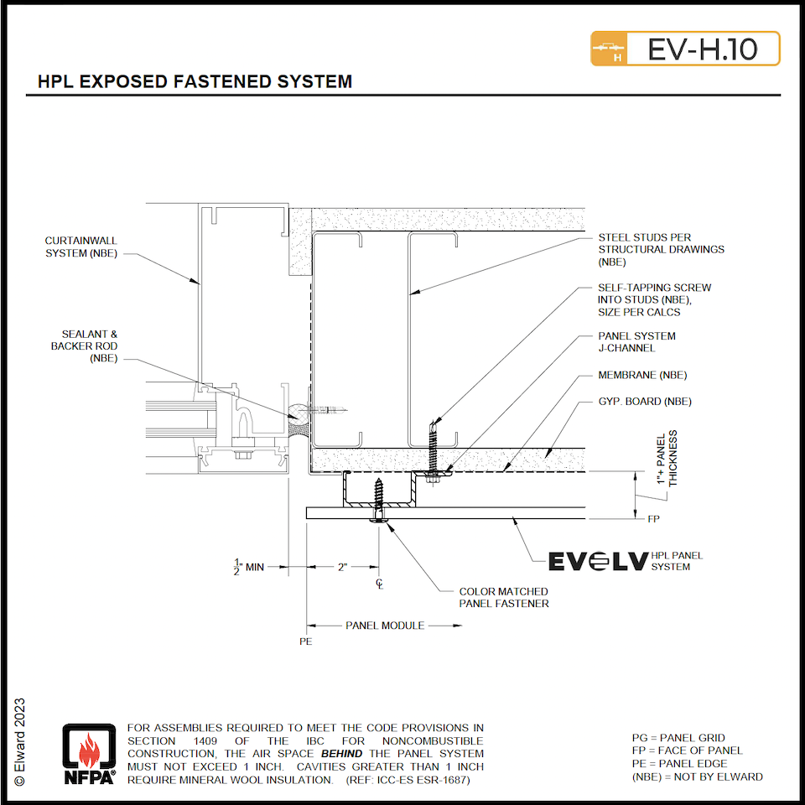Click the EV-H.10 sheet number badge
click(x=685, y=49)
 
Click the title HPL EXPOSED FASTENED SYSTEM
click(x=195, y=81)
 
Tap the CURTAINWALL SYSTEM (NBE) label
click(x=81, y=247)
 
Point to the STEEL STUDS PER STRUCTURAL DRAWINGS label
click(x=661, y=249)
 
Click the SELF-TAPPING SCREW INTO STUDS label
click(x=654, y=299)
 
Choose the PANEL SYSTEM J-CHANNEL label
click(x=636, y=342)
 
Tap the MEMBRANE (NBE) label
click(x=641, y=375)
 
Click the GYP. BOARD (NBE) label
click(x=644, y=401)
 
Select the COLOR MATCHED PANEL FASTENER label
click(x=503, y=597)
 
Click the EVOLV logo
click(x=598, y=561)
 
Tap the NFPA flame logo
click(x=88, y=754)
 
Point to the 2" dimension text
click(x=342, y=567)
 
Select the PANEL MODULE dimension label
click(x=385, y=625)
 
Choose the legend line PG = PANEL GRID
click(x=678, y=738)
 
